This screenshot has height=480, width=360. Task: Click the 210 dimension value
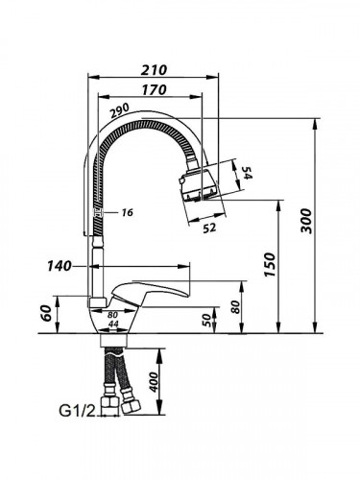click(154, 70)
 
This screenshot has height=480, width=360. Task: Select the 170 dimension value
click(154, 90)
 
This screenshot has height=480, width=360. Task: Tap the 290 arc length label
click(119, 110)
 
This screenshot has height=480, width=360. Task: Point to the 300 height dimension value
click(306, 221)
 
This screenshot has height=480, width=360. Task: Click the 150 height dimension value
click(269, 265)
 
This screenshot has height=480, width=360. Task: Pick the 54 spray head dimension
click(246, 173)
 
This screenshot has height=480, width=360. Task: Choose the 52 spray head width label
click(209, 228)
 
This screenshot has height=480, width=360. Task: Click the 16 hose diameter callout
click(128, 212)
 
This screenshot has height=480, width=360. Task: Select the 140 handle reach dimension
click(59, 266)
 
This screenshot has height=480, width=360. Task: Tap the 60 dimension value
click(46, 313)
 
